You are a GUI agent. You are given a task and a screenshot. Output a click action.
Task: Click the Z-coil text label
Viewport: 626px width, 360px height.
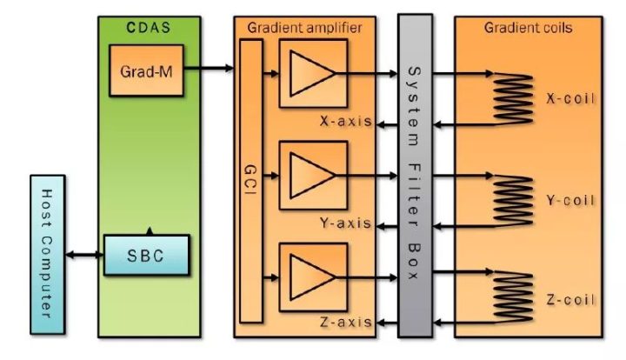[x=571, y=299]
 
